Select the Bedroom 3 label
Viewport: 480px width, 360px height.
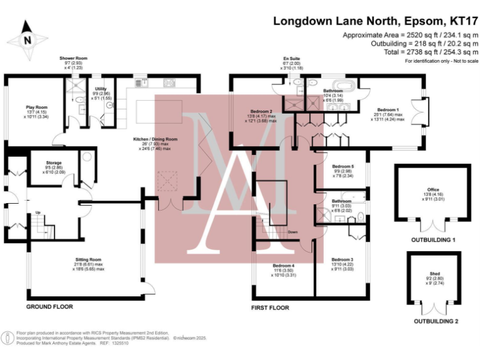(x=342, y=259)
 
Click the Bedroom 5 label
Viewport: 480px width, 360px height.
(x=342, y=167)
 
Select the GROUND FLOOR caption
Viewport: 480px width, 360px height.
(x=49, y=307)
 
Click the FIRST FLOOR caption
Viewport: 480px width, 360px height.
(x=271, y=307)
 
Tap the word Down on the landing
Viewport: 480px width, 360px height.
(x=293, y=232)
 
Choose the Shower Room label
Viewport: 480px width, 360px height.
(x=73, y=58)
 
